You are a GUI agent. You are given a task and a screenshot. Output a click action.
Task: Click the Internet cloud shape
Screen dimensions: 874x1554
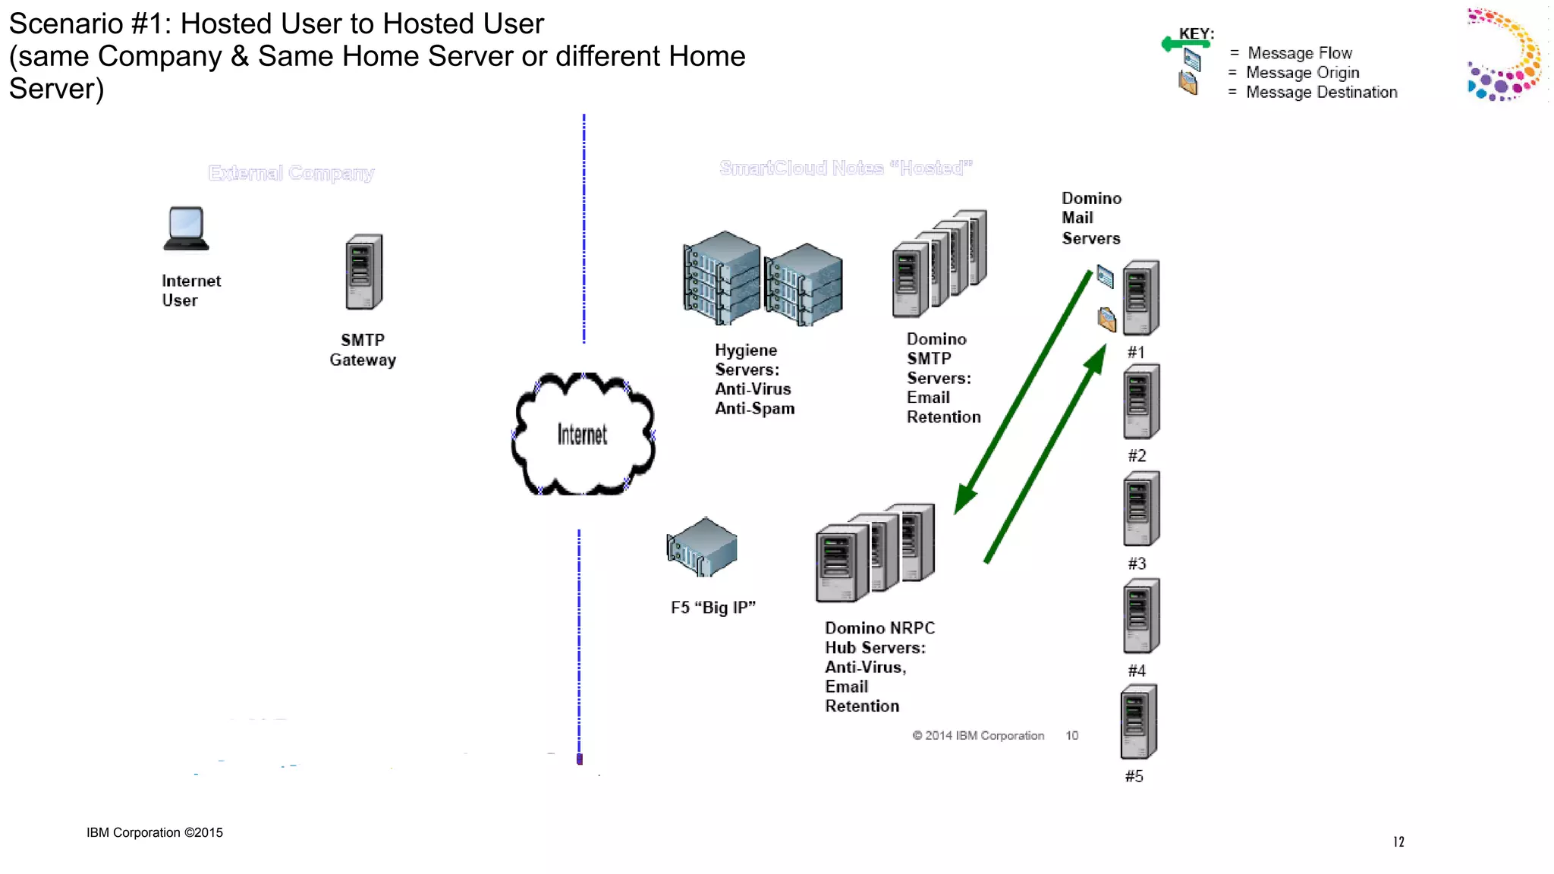point(583,434)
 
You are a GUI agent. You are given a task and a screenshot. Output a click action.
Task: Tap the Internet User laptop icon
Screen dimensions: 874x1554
point(186,228)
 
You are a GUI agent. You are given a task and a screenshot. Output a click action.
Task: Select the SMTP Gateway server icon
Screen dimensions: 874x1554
point(363,272)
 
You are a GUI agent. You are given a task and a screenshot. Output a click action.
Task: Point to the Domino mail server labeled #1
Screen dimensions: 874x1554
point(1140,297)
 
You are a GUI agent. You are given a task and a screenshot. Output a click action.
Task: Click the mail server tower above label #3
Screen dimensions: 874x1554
point(1140,508)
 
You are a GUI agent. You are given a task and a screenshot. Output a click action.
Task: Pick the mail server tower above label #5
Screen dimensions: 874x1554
point(1138,722)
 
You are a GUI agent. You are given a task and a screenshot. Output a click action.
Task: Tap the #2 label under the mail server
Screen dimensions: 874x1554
point(1137,456)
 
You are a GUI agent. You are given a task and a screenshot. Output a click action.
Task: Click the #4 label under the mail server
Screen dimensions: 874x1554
point(1137,671)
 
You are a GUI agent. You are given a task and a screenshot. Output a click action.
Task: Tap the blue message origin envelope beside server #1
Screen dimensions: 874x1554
point(1105,277)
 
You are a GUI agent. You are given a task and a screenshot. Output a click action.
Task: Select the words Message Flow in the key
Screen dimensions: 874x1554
point(1299,53)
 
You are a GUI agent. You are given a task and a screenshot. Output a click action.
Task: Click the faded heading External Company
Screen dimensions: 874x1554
point(291,173)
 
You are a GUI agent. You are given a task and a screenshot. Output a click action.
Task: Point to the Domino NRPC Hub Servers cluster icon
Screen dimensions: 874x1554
point(875,553)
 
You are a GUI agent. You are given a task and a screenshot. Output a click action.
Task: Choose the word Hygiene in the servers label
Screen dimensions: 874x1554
point(746,351)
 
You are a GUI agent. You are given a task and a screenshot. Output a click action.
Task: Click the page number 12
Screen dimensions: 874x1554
point(1398,841)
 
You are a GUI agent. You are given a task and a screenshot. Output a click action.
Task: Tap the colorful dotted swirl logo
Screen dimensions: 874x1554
point(1504,55)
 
